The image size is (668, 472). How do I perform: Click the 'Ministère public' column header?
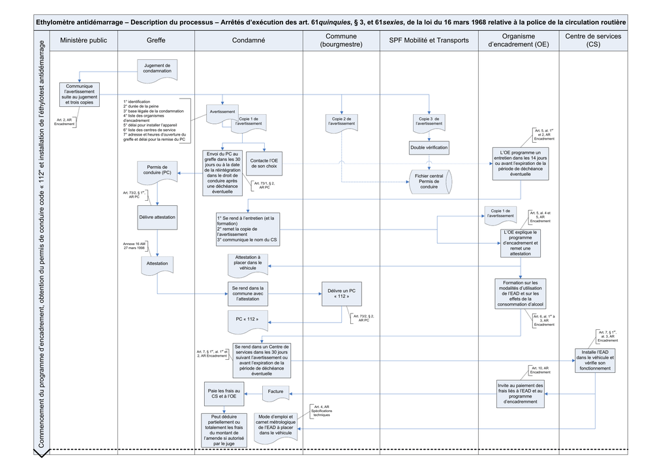click(x=83, y=40)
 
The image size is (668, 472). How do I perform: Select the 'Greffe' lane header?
click(x=156, y=40)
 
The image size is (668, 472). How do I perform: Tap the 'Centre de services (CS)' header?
click(x=593, y=40)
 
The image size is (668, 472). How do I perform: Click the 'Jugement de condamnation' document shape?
click(x=157, y=68)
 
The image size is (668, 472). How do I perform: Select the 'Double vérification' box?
click(x=429, y=148)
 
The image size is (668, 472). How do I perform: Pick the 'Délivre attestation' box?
click(x=157, y=217)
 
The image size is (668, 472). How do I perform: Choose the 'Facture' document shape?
click(x=275, y=392)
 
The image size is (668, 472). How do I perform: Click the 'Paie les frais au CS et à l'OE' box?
click(x=223, y=394)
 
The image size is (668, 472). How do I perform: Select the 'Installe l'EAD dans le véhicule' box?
click(x=595, y=361)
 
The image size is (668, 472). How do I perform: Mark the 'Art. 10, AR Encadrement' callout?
click(x=539, y=371)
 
